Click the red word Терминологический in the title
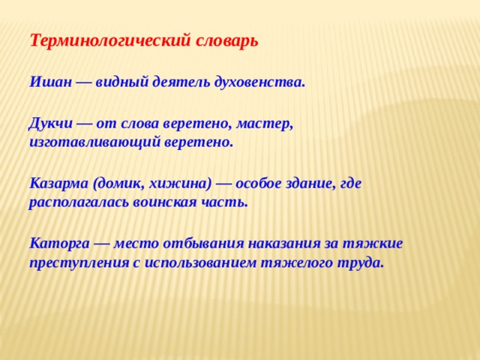click(x=106, y=40)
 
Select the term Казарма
click(x=58, y=183)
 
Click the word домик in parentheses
click(x=119, y=183)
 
